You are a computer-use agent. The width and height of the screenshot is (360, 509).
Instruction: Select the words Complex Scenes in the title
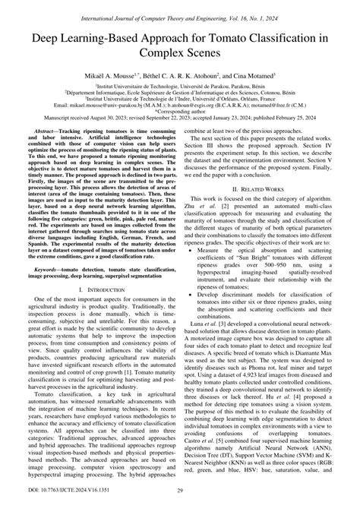(x=180, y=55)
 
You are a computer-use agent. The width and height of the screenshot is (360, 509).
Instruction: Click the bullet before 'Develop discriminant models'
(x=199, y=317)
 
